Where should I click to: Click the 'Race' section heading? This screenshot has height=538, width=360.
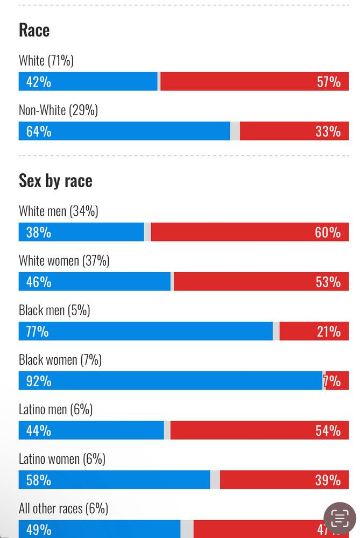[x=34, y=30]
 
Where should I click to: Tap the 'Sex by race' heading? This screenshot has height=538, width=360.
[x=55, y=181]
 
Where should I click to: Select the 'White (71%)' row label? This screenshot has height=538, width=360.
[x=46, y=60]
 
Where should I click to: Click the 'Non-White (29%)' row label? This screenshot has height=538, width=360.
[x=58, y=110]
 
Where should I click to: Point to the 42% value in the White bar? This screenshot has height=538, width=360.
[x=39, y=82]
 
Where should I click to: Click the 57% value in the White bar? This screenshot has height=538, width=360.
[x=328, y=82]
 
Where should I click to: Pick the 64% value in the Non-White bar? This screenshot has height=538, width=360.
[x=39, y=131]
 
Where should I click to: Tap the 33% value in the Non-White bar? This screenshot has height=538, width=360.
[x=328, y=131]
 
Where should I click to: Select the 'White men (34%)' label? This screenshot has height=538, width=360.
[x=58, y=211]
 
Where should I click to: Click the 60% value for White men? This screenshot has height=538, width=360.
[x=328, y=232]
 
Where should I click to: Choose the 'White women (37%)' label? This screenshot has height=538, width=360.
[x=64, y=261]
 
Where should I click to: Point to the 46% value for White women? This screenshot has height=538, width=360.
[x=39, y=282]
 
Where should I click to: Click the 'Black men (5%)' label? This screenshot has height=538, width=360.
[x=54, y=310]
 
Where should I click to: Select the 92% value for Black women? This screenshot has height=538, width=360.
[x=39, y=381]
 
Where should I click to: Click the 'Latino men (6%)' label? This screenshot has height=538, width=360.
[x=55, y=409]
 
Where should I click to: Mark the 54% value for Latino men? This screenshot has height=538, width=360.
[x=328, y=430]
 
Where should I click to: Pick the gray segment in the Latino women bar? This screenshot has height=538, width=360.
[x=215, y=480]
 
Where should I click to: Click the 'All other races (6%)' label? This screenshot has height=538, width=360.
[x=63, y=508]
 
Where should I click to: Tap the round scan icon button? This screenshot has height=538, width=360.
[x=340, y=519]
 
